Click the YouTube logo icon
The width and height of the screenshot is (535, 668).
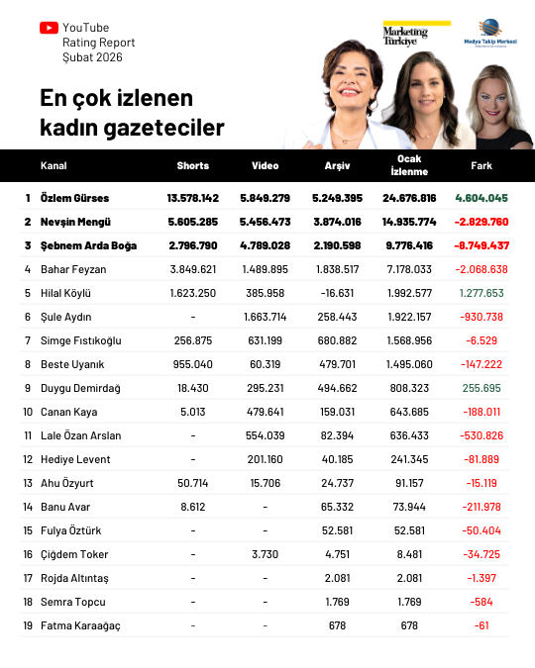pos(49,28)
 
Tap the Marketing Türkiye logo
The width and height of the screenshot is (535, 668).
pos(405,35)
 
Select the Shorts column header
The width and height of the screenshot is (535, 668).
pos(192,165)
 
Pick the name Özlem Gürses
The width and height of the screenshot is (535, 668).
pos(75,198)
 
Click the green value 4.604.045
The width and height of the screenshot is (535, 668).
pos(481,198)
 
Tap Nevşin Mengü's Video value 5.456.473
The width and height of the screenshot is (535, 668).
pos(265,222)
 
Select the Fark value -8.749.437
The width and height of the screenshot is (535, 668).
pos(481,245)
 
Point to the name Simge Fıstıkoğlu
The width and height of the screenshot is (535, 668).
pos(81,340)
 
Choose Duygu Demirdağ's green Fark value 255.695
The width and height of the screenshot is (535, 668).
pos(481,388)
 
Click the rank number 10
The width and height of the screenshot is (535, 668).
pos(28,412)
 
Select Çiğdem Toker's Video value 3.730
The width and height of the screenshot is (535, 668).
pos(265,554)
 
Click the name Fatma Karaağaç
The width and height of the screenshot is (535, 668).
pos(79,625)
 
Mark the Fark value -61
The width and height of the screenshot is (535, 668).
pos(481,625)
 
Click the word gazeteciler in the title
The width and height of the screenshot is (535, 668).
pos(160,128)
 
